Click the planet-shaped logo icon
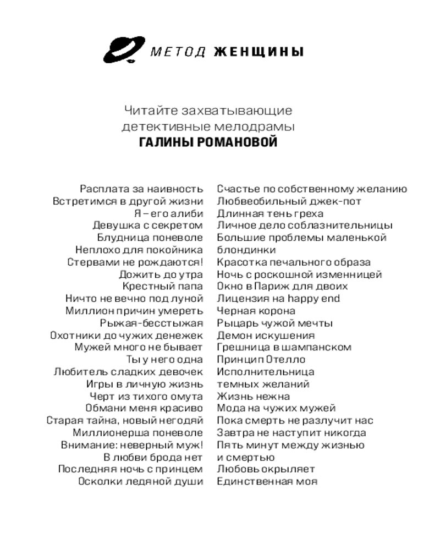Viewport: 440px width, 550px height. tap(122, 51)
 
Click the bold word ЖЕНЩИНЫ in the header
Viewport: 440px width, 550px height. tap(258, 52)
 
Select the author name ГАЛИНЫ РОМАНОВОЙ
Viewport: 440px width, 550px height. tap(208, 142)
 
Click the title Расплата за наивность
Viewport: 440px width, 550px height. tap(141, 189)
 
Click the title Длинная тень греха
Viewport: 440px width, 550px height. tap(270, 213)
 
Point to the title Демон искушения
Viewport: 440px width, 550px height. tap(266, 335)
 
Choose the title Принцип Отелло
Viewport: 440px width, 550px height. tap(261, 360)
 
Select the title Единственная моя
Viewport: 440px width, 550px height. tap(267, 481)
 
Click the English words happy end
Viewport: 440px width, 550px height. tap(318, 299)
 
